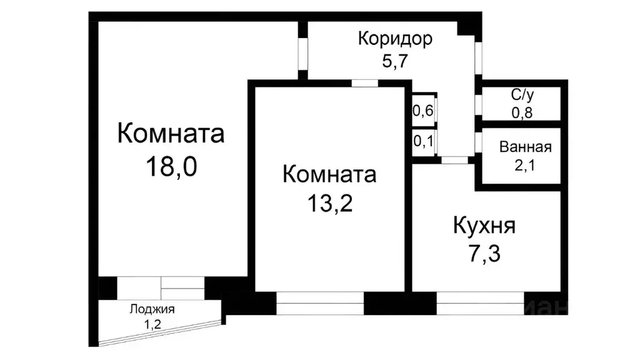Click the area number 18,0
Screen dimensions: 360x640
(171, 167)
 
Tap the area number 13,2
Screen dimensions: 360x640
(329, 203)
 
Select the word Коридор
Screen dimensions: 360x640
(395, 39)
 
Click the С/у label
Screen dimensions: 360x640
(522, 96)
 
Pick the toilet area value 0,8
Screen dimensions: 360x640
(522, 112)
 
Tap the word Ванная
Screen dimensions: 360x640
(525, 147)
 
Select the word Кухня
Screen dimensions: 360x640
(484, 226)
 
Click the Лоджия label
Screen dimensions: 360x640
(152, 309)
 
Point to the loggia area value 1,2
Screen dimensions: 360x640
(152, 324)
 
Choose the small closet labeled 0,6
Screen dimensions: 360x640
(423, 111)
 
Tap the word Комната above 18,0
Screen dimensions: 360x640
(171, 134)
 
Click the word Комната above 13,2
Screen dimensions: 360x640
(329, 174)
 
